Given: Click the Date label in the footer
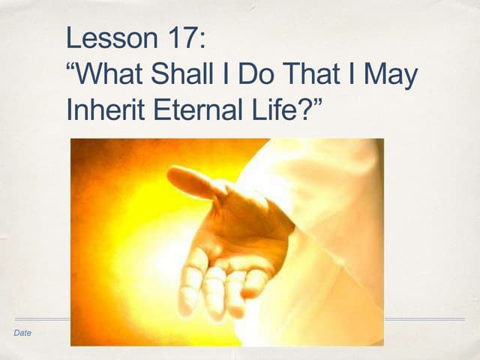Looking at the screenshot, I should (x=22, y=333).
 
